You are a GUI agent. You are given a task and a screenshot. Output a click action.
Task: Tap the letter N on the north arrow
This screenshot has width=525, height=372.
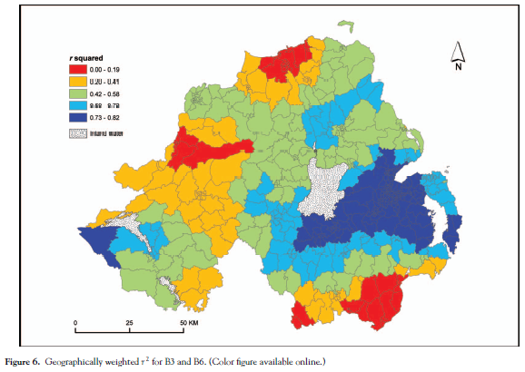[x=459, y=66]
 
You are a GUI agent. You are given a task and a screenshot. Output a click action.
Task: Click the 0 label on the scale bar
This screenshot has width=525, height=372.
[x=75, y=324]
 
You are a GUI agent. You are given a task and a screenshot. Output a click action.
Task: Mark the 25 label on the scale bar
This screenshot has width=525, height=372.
[x=130, y=324]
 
